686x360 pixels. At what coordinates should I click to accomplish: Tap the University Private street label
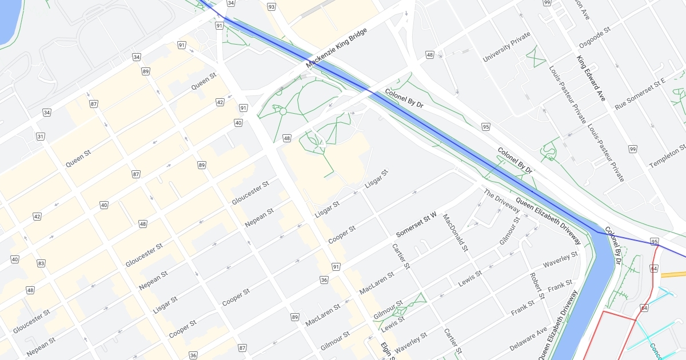(x=507, y=47)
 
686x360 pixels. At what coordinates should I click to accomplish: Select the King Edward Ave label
(x=591, y=78)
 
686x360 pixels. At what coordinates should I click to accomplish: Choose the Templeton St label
(x=667, y=156)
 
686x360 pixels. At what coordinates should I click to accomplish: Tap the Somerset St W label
(x=416, y=225)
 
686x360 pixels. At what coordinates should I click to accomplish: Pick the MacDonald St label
(x=456, y=233)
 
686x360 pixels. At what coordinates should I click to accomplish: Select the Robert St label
(x=536, y=289)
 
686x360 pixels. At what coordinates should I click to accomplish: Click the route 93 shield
(x=271, y=7)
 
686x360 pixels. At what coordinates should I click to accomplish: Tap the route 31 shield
(x=41, y=137)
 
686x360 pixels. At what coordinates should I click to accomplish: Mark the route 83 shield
(x=41, y=263)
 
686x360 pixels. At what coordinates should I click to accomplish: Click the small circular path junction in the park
(x=282, y=111)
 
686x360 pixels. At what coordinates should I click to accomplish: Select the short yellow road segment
(x=673, y=274)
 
